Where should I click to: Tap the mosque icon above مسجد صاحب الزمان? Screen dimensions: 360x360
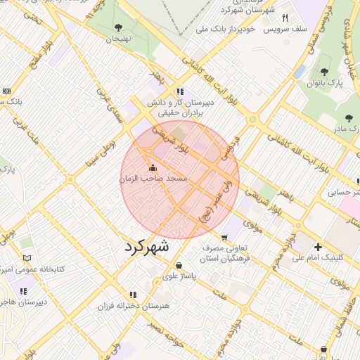[153, 168]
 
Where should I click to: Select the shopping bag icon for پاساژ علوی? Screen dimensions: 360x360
[180, 265]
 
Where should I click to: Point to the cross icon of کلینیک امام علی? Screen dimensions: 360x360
[319, 247]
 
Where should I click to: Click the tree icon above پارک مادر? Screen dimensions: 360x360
[349, 117]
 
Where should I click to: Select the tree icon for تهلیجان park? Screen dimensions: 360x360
[117, 28]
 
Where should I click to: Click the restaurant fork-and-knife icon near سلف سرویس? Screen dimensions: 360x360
[285, 18]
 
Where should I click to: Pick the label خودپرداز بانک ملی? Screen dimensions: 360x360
[226, 30]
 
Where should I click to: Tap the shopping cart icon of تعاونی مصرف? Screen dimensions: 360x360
[225, 237]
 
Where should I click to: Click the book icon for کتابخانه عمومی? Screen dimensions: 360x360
[27, 258]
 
